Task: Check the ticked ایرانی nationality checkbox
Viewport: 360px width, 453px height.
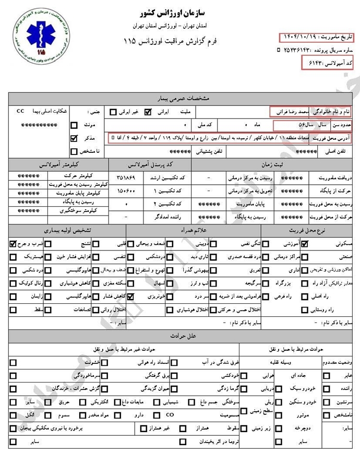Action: click(147, 112)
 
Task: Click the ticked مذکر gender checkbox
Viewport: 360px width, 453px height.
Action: click(74, 138)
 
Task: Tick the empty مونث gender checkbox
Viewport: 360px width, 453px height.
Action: click(74, 125)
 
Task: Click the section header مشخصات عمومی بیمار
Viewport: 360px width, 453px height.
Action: click(179, 98)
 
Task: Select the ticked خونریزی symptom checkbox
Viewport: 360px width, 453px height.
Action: click(131, 296)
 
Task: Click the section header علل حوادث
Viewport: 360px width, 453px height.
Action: click(179, 336)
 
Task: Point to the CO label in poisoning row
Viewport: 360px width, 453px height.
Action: click(170, 415)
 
